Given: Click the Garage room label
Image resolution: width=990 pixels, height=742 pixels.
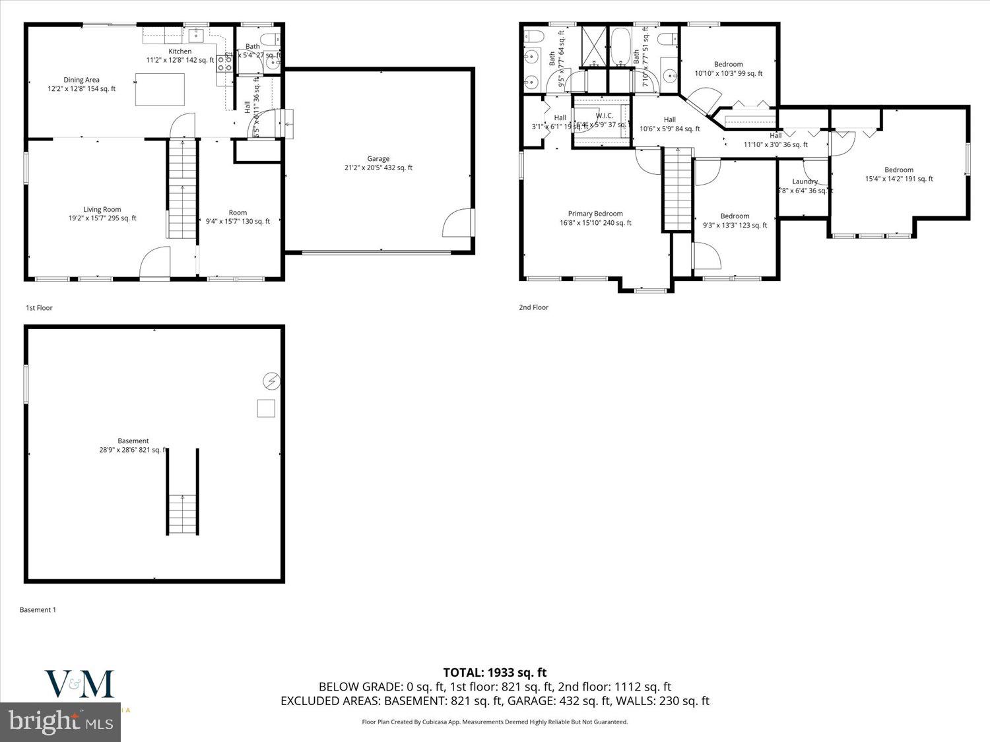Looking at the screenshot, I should pyautogui.click(x=378, y=159).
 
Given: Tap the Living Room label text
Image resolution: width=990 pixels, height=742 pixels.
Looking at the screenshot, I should pyautogui.click(x=102, y=210).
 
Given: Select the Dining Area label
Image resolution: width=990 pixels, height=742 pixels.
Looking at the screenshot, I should pyautogui.click(x=82, y=80).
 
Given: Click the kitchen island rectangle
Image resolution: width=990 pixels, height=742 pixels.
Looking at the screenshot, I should pyautogui.click(x=160, y=90).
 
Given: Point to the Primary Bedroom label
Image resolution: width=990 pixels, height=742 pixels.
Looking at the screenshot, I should pyautogui.click(x=595, y=214).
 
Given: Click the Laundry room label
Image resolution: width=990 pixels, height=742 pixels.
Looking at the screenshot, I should pyautogui.click(x=805, y=181).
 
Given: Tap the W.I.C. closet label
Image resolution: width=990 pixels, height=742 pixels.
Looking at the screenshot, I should pyautogui.click(x=604, y=116).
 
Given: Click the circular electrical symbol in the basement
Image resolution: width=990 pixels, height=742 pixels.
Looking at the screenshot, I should pyautogui.click(x=271, y=381).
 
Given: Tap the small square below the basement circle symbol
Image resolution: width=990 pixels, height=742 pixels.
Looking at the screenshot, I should pyautogui.click(x=266, y=408).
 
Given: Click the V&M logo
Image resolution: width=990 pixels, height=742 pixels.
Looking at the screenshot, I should pyautogui.click(x=79, y=684).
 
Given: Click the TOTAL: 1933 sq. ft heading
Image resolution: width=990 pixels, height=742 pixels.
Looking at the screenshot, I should pyautogui.click(x=494, y=673).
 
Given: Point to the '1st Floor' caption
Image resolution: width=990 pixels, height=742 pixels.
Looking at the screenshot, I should pyautogui.click(x=39, y=308).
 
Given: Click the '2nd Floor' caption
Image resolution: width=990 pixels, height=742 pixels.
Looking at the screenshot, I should pyautogui.click(x=533, y=307).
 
